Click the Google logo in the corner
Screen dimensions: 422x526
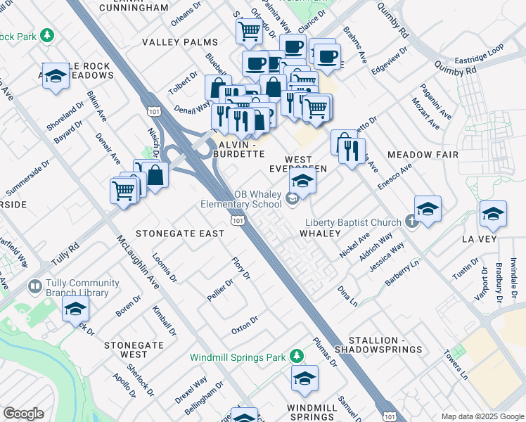[x=23, y=413]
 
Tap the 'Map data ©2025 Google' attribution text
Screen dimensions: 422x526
[x=482, y=416]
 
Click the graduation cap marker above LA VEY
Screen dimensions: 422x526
[x=493, y=213]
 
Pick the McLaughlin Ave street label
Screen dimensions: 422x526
[x=143, y=262]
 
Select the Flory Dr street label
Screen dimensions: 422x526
[x=241, y=269]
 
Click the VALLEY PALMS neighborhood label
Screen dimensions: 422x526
[x=180, y=42]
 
